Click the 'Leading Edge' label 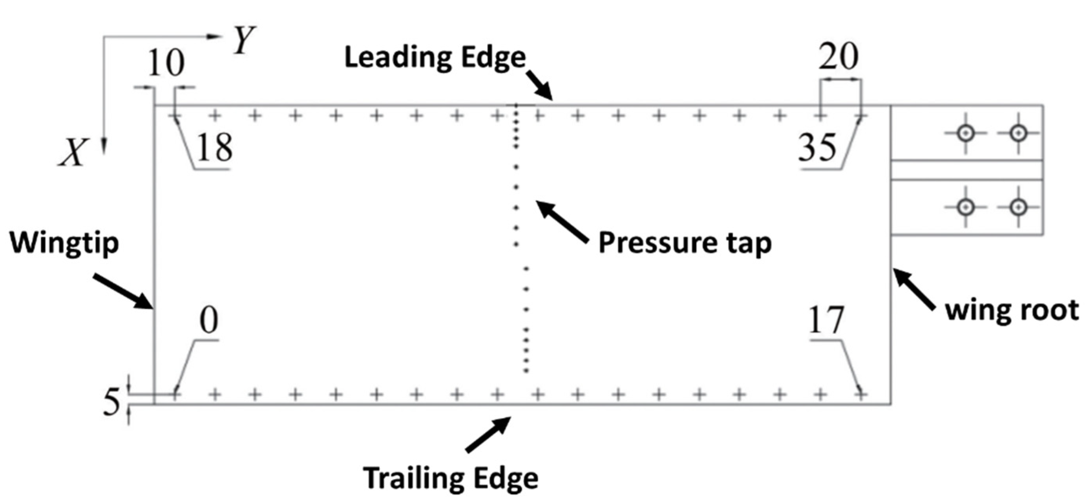click(435, 58)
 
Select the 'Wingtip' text click(64, 244)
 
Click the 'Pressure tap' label click(685, 243)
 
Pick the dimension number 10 click(166, 62)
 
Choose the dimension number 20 click(838, 57)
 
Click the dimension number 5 click(111, 402)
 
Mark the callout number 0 click(209, 321)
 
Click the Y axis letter click(244, 40)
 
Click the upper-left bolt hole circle click(965, 133)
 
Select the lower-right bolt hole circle click(1018, 207)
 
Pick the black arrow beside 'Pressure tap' click(562, 221)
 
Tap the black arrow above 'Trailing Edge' click(489, 435)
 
